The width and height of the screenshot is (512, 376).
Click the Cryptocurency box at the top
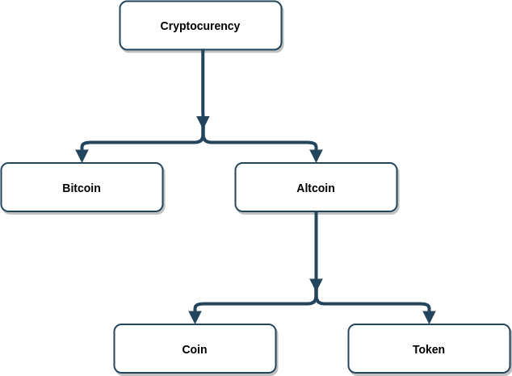point(200,26)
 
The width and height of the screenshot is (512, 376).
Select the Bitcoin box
point(82,188)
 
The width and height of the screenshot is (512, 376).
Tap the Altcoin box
point(316,188)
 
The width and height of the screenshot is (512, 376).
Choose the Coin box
point(195,349)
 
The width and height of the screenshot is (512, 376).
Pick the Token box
point(429,349)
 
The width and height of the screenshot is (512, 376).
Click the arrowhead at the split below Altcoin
point(316,286)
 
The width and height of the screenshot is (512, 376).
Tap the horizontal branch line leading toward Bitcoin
point(137,143)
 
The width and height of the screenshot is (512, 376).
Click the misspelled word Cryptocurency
point(200,26)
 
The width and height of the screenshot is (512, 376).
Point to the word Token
point(429,349)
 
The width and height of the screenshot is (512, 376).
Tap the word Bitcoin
point(82,188)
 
